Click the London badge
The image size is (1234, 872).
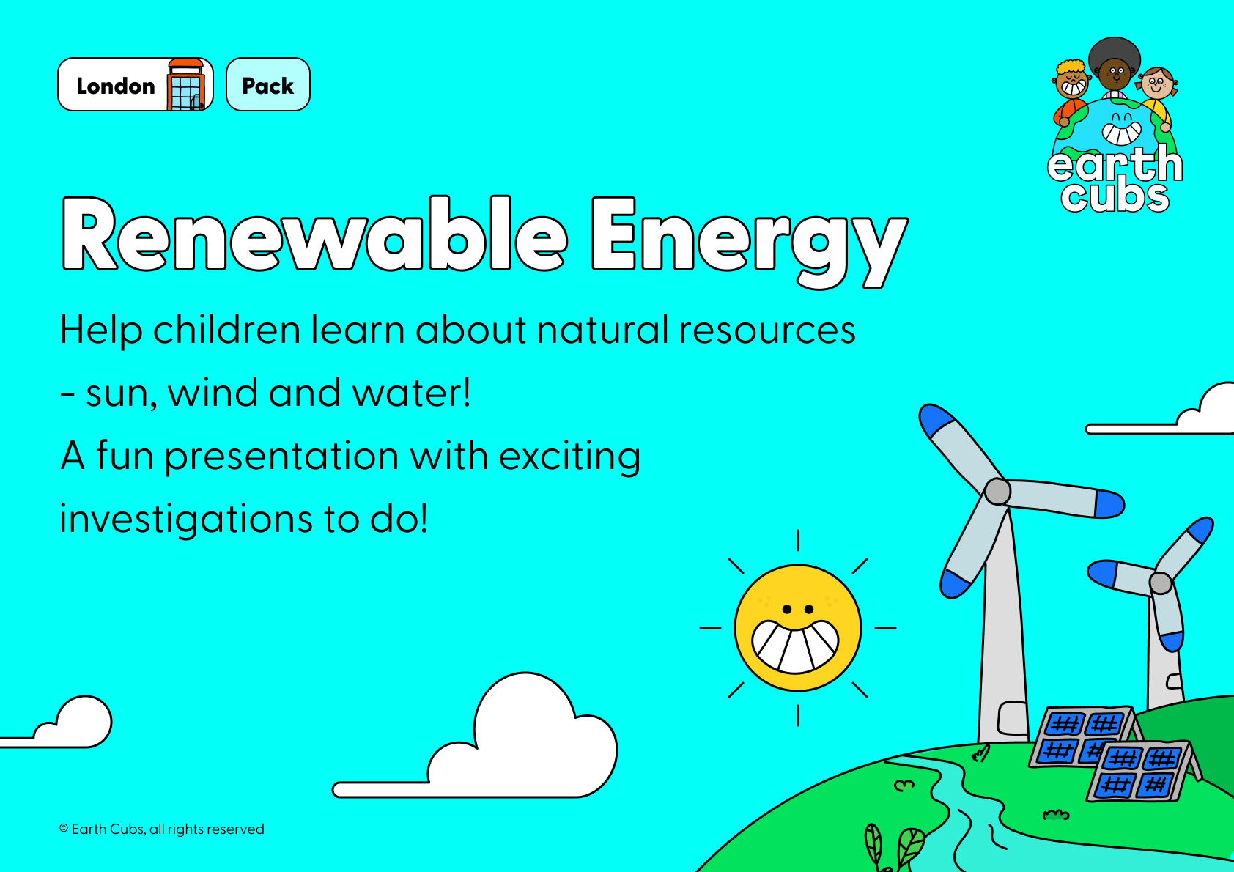136,84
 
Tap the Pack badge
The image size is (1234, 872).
268,84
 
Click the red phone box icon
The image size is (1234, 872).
187,84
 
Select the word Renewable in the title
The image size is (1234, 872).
314,234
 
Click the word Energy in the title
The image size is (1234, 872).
749,243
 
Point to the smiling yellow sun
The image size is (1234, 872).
798,627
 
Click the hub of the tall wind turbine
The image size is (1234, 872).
997,492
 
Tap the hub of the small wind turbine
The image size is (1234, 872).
1160,583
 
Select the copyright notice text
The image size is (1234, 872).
161,829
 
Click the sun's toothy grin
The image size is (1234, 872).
796,646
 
